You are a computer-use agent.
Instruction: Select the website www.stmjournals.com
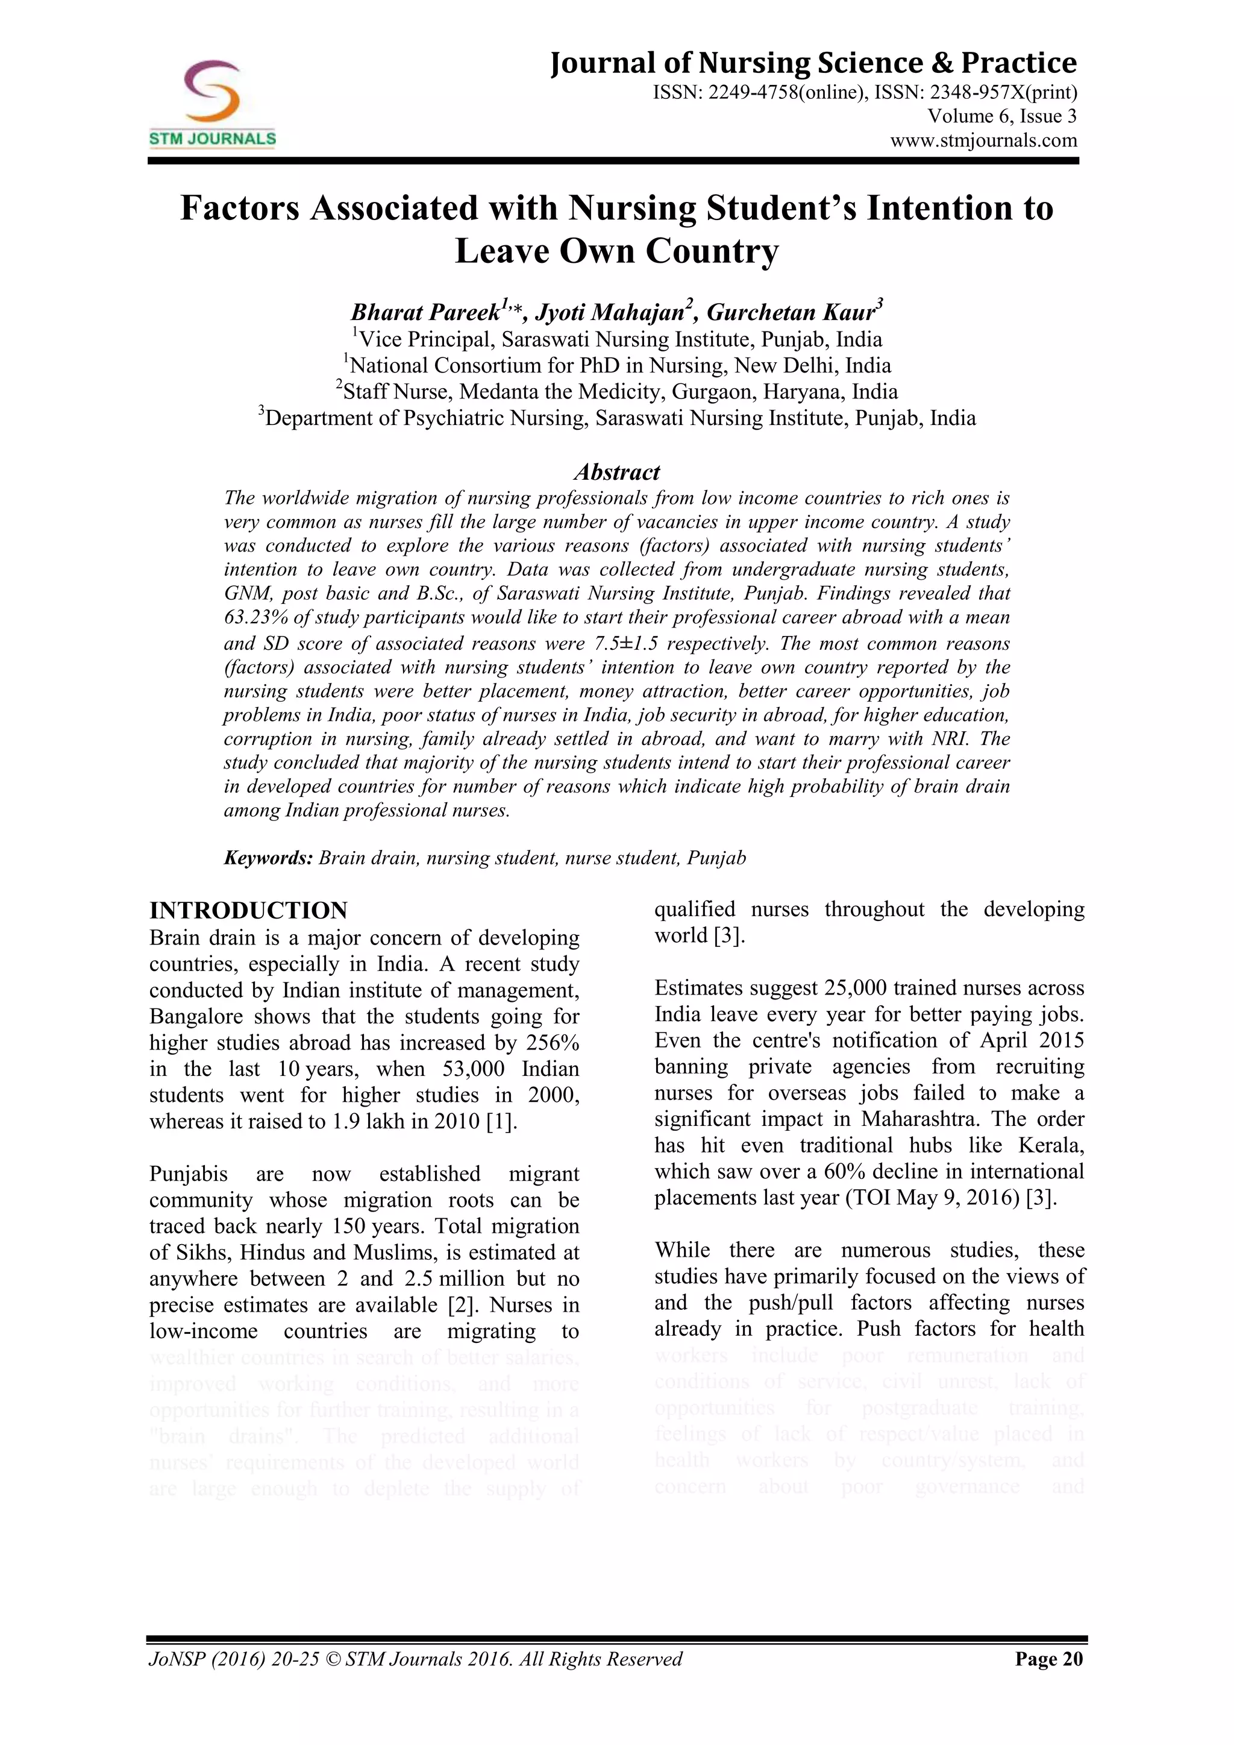coord(983,140)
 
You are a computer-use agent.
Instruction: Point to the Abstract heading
coord(616,472)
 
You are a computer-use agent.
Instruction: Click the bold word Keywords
coord(268,858)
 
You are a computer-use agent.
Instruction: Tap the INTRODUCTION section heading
coord(248,911)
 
